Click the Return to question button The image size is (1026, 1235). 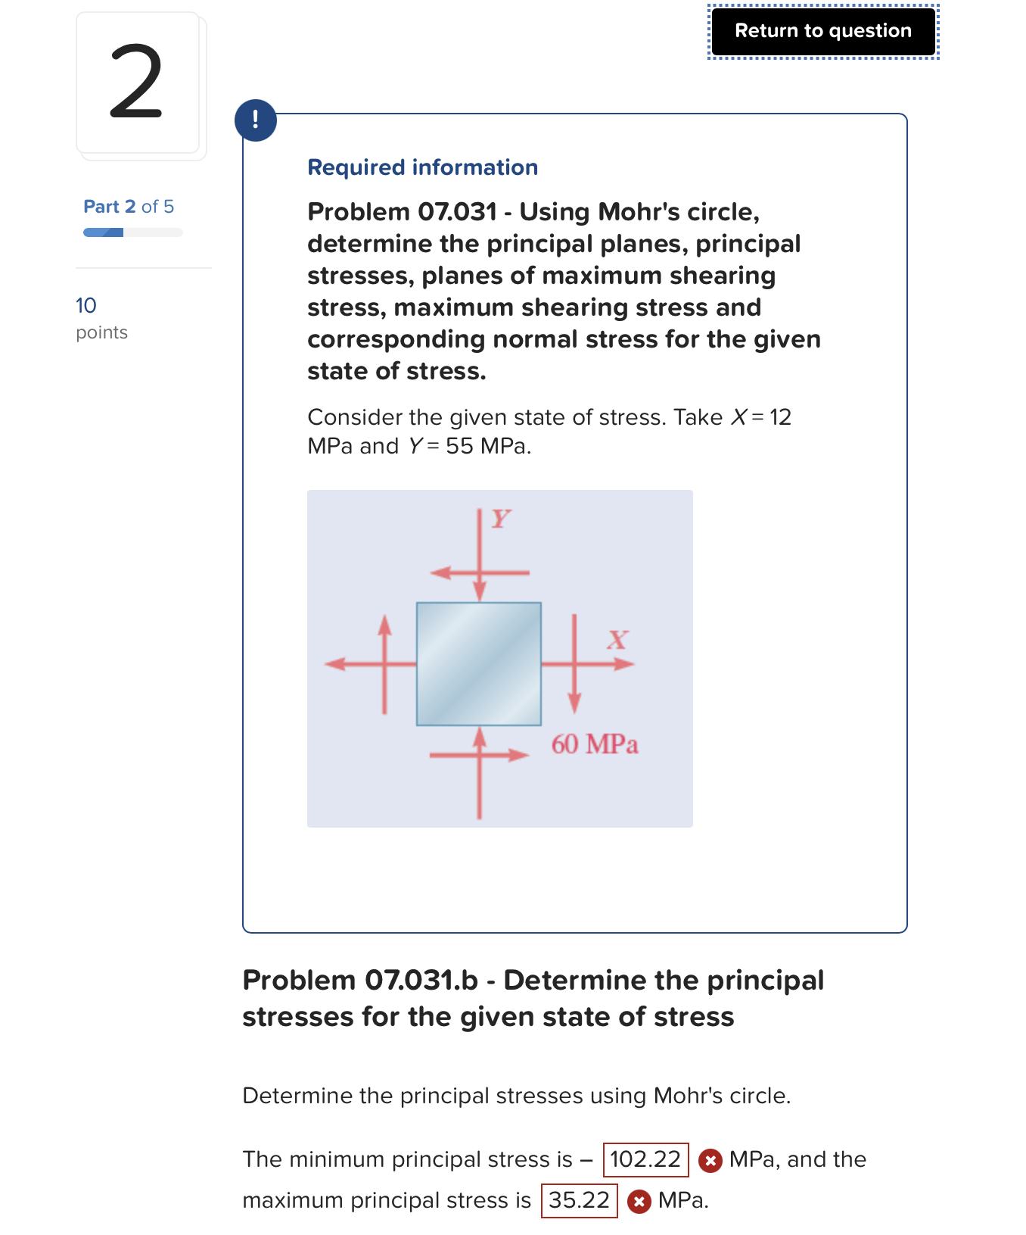coord(822,31)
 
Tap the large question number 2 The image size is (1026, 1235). coord(137,82)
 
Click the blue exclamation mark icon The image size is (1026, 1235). coord(256,120)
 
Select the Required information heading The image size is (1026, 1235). coord(422,167)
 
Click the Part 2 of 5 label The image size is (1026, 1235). coord(129,207)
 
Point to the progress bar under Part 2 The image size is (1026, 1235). coord(132,232)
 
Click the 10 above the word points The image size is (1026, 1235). coord(86,305)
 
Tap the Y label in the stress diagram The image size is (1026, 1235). coord(501,519)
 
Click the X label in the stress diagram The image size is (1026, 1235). coord(617,640)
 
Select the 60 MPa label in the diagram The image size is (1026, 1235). coord(594,744)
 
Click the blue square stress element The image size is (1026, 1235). coord(478,663)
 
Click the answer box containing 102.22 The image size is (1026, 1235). coord(645,1159)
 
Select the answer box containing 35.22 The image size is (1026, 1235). coord(579,1200)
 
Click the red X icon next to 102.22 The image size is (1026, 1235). coord(710,1160)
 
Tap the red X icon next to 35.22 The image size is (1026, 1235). coord(639,1201)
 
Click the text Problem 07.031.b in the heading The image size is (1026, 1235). coord(360,980)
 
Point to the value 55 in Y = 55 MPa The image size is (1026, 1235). coord(459,446)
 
